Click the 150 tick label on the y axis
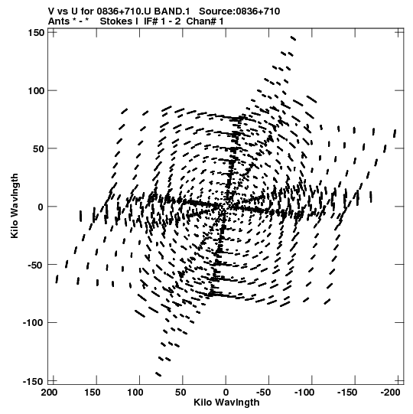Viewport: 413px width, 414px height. point(36,33)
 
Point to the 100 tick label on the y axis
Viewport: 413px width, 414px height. point(36,91)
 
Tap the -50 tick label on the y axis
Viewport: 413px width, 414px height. point(36,265)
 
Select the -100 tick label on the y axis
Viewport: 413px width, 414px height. point(33,323)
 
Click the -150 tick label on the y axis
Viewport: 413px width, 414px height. point(33,382)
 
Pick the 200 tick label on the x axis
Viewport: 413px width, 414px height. point(49,393)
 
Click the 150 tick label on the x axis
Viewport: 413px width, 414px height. point(92,393)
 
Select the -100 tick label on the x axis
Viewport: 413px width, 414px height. point(305,393)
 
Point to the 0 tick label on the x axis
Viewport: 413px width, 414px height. point(226,393)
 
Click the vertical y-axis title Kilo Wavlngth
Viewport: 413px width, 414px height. point(15,206)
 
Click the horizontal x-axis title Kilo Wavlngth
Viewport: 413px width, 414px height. point(226,403)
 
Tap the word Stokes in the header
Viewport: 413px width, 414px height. point(115,21)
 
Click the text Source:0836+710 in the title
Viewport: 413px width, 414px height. point(239,11)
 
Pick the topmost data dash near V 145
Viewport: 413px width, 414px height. point(293,38)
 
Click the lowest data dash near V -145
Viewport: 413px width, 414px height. point(158,374)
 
